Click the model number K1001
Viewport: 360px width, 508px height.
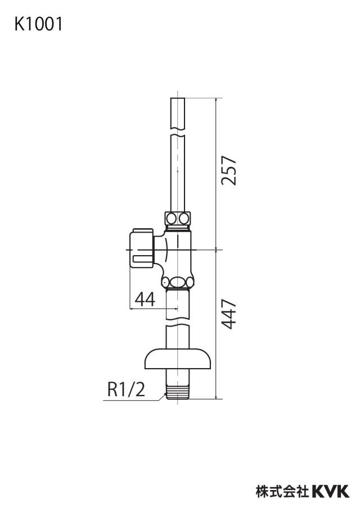click(38, 24)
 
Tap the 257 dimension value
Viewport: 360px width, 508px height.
click(228, 170)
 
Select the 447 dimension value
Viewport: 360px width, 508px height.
click(228, 314)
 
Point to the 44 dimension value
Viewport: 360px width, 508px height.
click(145, 299)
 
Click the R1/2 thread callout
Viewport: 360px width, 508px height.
click(126, 389)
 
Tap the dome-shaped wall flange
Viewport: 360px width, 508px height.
click(178, 359)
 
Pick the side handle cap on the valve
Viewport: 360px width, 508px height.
click(141, 248)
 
